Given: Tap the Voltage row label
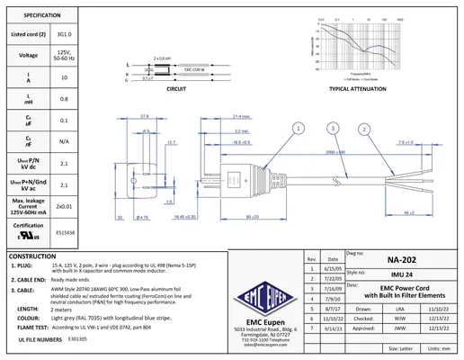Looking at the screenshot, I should [28, 55].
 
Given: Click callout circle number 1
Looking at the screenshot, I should [297, 130].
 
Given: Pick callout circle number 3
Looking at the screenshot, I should [334, 130].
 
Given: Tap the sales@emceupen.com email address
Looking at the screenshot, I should [262, 346].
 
